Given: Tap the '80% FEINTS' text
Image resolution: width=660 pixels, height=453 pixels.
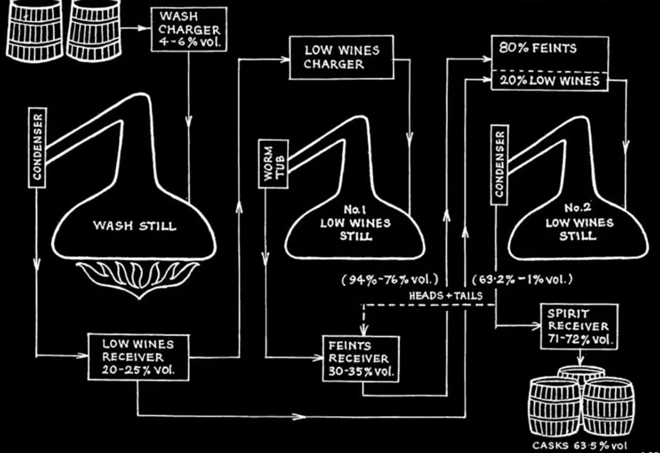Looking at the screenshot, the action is tap(538, 48).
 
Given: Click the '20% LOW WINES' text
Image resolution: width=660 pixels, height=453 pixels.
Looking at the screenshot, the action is tap(550, 80).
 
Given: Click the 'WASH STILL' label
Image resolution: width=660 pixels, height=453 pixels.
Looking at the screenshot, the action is tap(135, 226).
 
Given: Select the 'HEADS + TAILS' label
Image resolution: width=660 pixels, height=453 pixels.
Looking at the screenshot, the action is tap(445, 296).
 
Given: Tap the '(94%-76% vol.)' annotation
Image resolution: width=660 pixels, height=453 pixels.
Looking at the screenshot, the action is tap(389, 279).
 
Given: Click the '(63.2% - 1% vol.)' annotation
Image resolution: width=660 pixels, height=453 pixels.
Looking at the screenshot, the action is tap(523, 279).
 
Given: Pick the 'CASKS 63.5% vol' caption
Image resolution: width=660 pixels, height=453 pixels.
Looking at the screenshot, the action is tap(580, 445).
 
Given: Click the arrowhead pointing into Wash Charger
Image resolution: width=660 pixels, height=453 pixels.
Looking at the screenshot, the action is tap(144, 28).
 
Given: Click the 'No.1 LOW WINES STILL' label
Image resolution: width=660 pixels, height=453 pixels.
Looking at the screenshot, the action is tap(355, 223).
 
